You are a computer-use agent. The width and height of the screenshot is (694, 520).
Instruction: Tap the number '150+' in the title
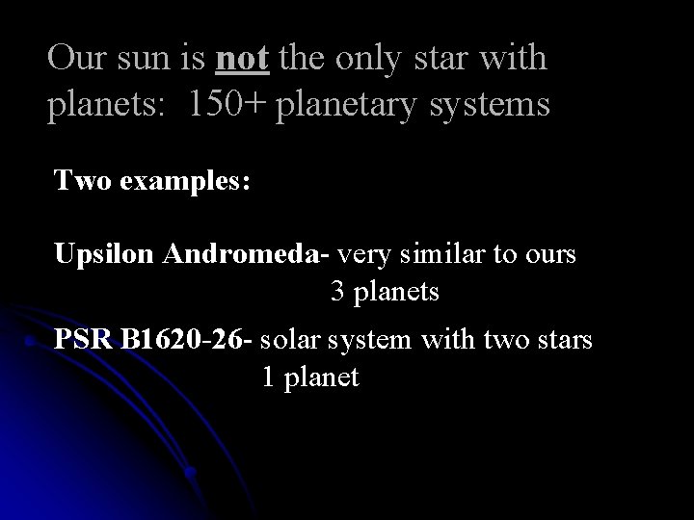[x=227, y=105]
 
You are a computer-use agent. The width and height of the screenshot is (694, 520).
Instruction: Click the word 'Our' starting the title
[x=75, y=59]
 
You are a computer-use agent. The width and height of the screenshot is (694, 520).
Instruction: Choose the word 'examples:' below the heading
[x=183, y=181]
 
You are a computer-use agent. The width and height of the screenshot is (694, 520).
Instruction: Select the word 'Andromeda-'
[x=248, y=255]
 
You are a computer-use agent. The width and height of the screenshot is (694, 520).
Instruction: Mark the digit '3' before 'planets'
[x=338, y=291]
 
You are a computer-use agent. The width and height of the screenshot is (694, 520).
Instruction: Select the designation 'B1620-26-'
[x=187, y=340]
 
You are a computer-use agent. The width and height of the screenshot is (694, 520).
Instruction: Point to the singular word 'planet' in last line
[x=321, y=377]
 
